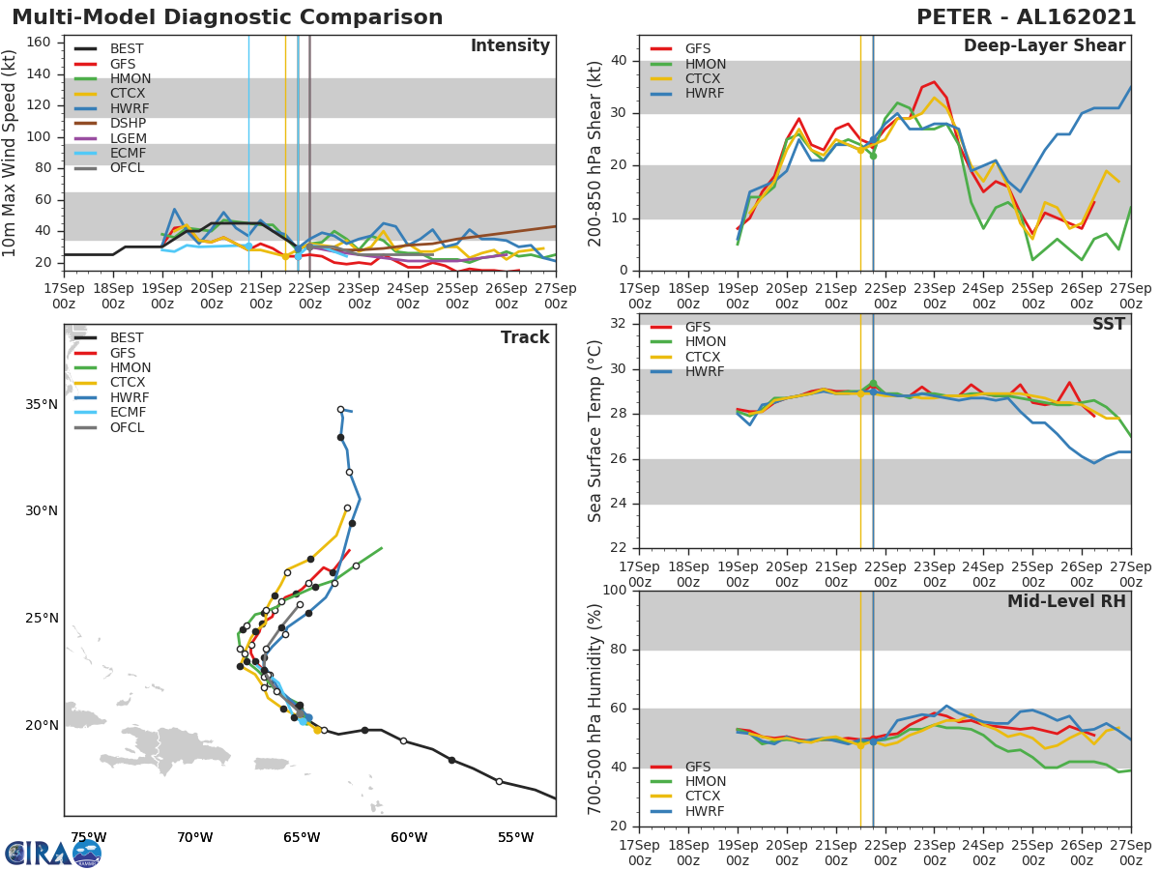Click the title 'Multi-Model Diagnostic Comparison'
[x=227, y=17]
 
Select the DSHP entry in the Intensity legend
[x=128, y=124]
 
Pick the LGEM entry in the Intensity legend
[x=128, y=138]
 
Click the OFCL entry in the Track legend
[x=127, y=427]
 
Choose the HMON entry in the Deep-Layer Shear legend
[x=705, y=64]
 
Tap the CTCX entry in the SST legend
[x=705, y=357]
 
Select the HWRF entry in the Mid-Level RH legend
[x=705, y=811]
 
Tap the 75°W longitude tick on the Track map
[x=88, y=836]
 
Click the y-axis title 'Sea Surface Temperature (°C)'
[x=595, y=431]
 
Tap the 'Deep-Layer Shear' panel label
[x=1044, y=46]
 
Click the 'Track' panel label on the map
[x=524, y=337]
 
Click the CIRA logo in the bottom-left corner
[x=52, y=853]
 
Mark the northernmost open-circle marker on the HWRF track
[x=340, y=409]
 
